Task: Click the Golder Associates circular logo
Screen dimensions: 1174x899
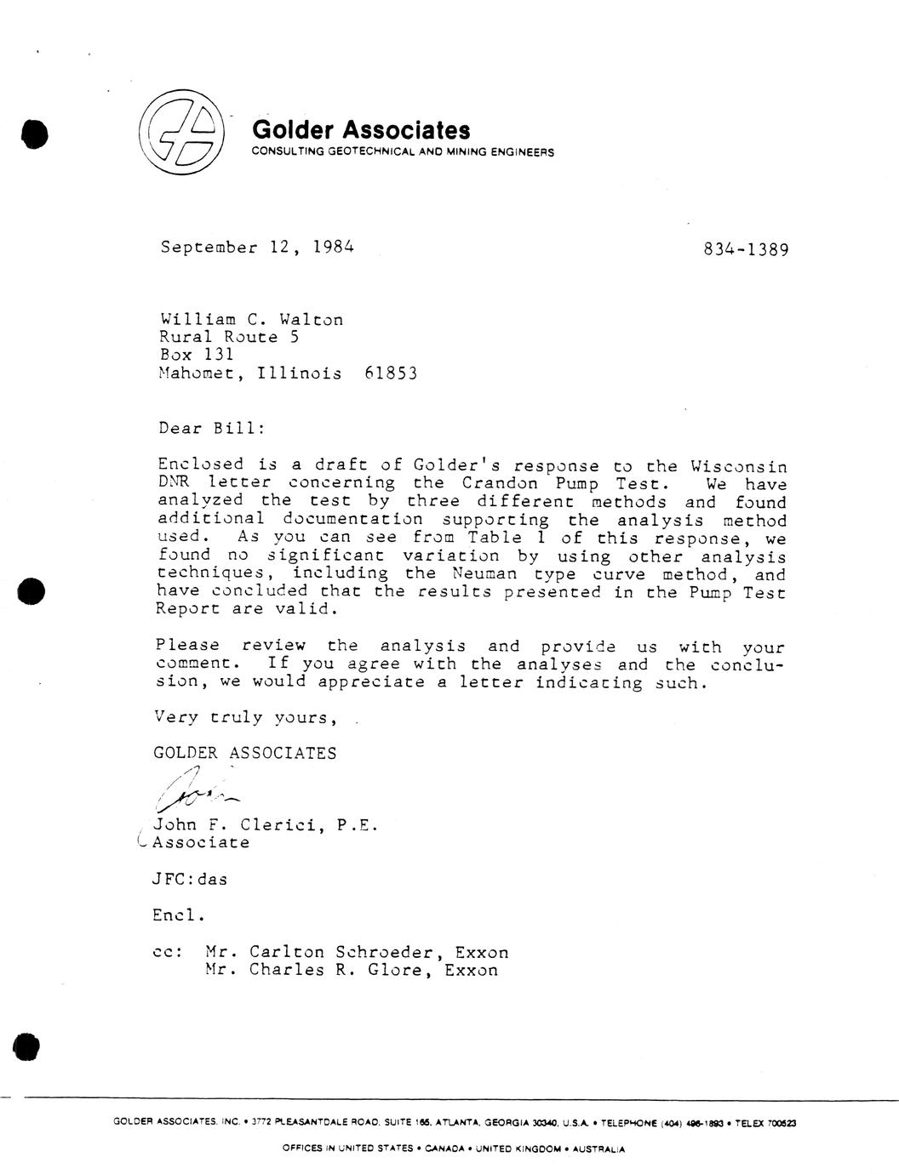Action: (x=180, y=133)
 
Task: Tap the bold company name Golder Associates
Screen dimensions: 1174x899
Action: (x=361, y=130)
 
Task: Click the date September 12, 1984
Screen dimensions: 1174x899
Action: (x=256, y=248)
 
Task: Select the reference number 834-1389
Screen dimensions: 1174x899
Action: (x=746, y=249)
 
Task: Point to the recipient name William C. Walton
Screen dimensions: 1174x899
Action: (x=252, y=320)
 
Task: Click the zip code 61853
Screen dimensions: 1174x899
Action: (x=390, y=373)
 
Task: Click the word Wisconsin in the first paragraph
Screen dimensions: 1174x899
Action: (x=738, y=466)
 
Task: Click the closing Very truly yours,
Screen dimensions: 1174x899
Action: (x=245, y=717)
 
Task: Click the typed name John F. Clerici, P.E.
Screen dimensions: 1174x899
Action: (x=263, y=824)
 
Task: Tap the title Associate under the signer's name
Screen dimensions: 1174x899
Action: (x=201, y=842)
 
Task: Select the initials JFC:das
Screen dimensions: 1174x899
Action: (x=190, y=880)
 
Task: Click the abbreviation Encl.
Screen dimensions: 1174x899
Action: (x=179, y=915)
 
